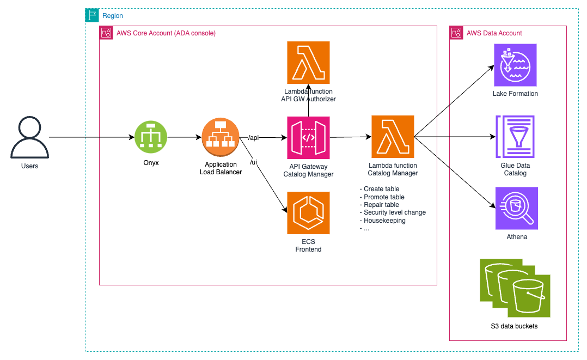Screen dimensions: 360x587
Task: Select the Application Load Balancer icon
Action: click(x=221, y=138)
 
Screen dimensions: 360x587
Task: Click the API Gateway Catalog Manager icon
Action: click(x=308, y=138)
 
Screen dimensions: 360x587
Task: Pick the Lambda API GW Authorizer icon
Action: click(x=308, y=62)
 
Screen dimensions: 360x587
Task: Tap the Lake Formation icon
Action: click(x=515, y=65)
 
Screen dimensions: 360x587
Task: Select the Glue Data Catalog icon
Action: click(x=515, y=136)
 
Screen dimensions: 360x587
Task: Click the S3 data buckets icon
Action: click(x=515, y=288)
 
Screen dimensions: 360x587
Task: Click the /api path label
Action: click(x=253, y=138)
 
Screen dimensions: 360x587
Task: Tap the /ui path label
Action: click(x=253, y=162)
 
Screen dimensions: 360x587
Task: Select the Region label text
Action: click(x=113, y=16)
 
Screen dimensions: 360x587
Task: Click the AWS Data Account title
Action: click(x=494, y=33)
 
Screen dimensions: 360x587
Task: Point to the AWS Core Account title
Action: click(x=166, y=33)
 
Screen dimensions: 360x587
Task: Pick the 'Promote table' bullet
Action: click(x=384, y=197)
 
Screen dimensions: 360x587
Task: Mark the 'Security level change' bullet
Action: click(x=395, y=212)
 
